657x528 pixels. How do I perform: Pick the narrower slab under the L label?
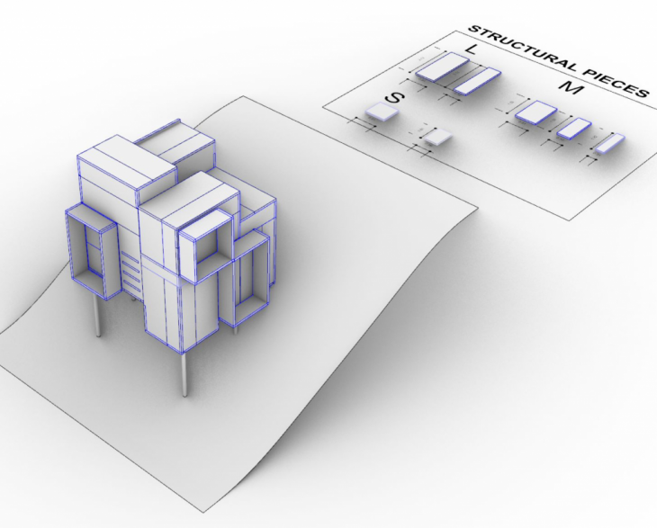[x=476, y=80]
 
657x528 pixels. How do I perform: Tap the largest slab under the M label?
[x=537, y=112]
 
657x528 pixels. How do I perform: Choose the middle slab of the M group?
[x=573, y=128]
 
